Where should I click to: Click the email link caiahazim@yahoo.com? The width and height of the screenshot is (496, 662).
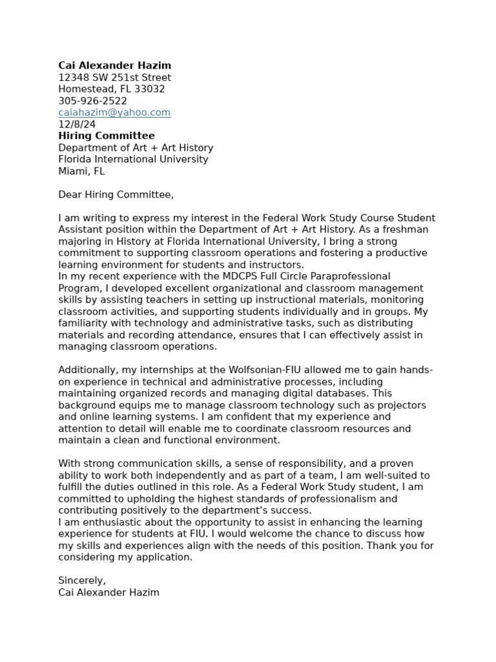click(x=114, y=112)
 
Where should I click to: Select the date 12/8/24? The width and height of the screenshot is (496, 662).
click(x=77, y=124)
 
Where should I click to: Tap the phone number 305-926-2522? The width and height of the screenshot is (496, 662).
click(x=92, y=101)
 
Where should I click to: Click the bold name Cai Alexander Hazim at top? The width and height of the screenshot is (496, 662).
click(x=114, y=65)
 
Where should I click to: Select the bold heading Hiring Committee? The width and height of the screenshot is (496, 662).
click(x=107, y=136)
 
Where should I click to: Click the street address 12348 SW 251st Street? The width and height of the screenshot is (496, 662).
click(x=114, y=78)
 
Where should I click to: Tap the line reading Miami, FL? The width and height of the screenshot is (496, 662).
click(x=81, y=171)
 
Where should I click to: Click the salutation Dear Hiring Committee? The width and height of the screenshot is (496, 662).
click(x=116, y=195)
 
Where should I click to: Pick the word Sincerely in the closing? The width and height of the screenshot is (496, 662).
click(x=81, y=581)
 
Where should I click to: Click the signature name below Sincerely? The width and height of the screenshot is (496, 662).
click(x=108, y=592)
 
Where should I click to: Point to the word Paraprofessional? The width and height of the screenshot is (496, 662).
click(x=353, y=277)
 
